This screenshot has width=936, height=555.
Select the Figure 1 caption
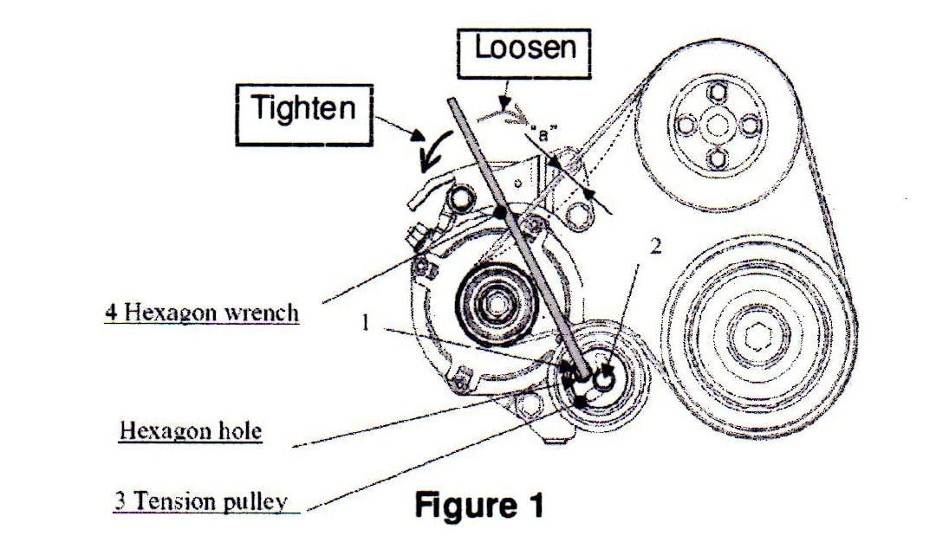480,505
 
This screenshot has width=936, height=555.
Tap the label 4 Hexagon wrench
202,312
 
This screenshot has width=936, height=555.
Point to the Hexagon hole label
190,430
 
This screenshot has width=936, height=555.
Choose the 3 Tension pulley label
200,500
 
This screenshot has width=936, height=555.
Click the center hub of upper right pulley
716,126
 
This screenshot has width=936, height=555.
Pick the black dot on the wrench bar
499,210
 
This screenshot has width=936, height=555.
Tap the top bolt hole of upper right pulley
716,93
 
